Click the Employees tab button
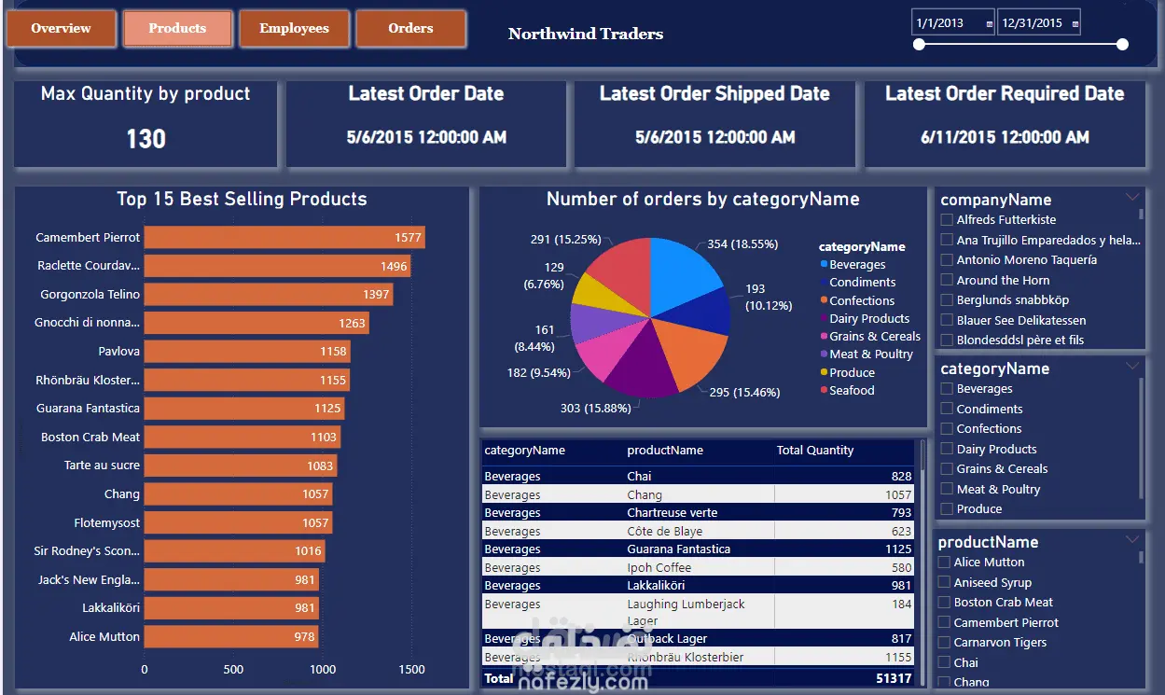294,28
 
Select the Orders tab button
410,28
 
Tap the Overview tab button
61,28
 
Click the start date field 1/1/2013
951,23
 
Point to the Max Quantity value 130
146,139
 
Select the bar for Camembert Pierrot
284,237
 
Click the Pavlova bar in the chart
246,352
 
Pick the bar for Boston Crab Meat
242,437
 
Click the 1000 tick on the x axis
323,669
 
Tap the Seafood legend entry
852,390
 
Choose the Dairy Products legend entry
869,318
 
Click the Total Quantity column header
815,451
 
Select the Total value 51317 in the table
892,678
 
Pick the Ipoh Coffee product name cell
659,567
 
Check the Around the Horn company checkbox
947,280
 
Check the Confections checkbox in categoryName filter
947,429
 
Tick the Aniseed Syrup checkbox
945,582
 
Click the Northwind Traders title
586,35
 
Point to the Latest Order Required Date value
1005,137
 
